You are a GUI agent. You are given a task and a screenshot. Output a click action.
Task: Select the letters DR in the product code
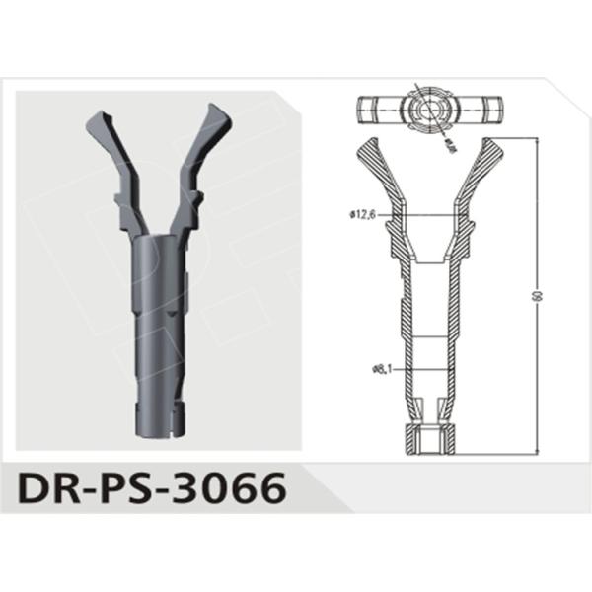(44, 486)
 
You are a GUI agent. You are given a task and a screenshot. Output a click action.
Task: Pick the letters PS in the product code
(123, 486)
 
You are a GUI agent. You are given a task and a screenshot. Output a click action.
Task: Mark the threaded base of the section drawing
(427, 440)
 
